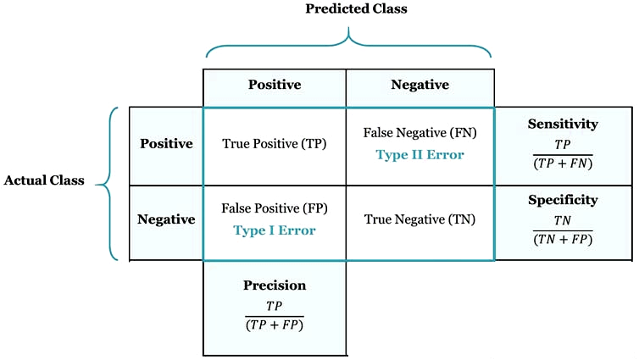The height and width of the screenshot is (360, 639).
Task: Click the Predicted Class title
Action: coord(356,9)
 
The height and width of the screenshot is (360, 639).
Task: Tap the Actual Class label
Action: coord(44,180)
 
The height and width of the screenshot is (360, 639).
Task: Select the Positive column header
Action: coord(275,85)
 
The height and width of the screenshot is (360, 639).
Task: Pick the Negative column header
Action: coord(420,85)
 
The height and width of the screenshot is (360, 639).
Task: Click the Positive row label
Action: coord(166,143)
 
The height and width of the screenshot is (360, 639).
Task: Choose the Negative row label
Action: coord(166,219)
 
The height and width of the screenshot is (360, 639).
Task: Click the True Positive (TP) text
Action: coord(275,144)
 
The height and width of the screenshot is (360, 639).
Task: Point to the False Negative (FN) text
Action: coord(420,133)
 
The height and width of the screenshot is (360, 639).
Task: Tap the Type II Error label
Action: coord(420,155)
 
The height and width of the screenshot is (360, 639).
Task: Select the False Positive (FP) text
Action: coord(275,208)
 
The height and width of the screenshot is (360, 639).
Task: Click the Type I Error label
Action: coord(275,230)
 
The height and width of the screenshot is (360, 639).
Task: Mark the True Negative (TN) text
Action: coord(420,219)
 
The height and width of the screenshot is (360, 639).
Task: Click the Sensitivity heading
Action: coord(563,124)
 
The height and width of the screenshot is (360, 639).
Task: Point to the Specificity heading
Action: coord(563,200)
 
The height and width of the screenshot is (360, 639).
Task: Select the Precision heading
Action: coord(275,285)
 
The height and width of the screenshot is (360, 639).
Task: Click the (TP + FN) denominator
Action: coord(563,163)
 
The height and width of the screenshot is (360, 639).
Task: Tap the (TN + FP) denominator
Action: coord(563,239)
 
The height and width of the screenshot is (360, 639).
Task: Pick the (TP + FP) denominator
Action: coord(275,324)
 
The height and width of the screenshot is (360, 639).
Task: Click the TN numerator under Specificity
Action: coord(563,220)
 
